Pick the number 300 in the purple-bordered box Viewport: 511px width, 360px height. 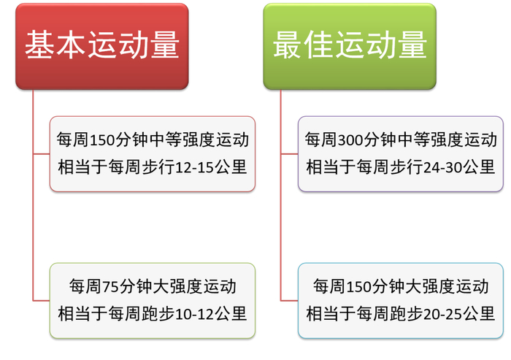pos(351,139)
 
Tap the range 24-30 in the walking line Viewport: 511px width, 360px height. pos(442,168)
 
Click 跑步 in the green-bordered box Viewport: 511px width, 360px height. pos(158,314)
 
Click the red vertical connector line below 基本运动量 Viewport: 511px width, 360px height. pos(33,219)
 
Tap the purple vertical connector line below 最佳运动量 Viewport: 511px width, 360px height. pos(281,219)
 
